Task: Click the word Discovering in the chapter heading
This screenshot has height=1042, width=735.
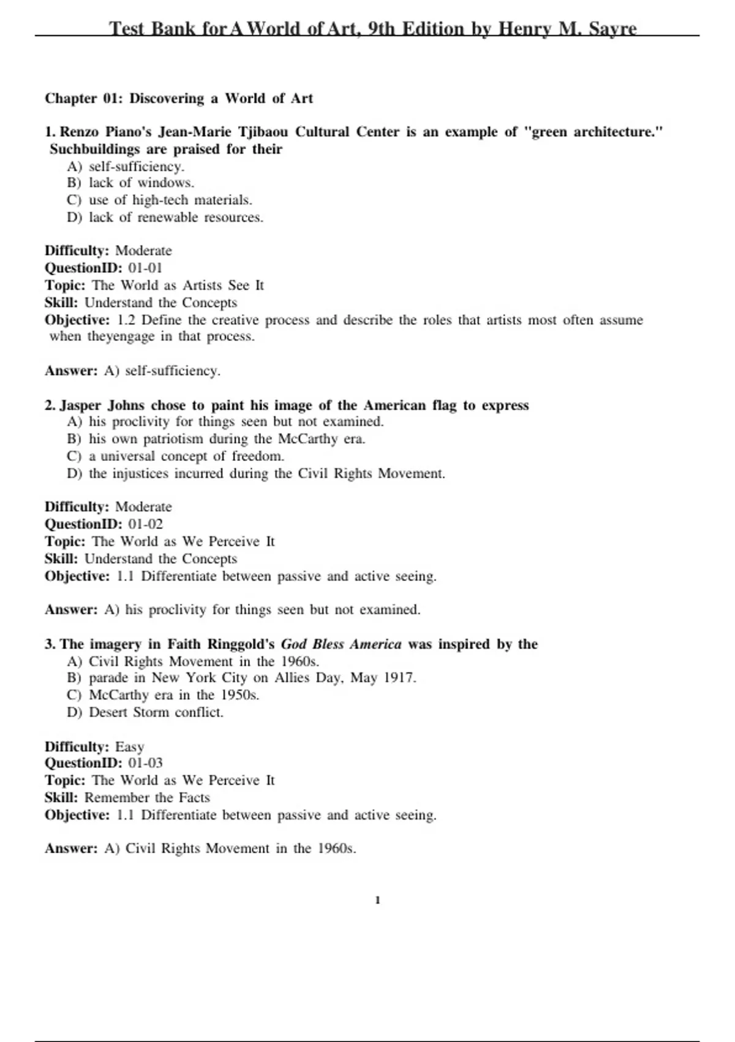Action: pos(167,99)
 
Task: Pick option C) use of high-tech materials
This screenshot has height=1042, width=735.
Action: pos(159,200)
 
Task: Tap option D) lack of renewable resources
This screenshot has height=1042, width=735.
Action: pos(165,217)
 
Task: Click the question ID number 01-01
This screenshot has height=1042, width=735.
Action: pos(145,268)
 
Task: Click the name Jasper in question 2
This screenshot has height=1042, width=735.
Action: pos(81,405)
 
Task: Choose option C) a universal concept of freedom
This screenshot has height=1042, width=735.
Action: pos(175,456)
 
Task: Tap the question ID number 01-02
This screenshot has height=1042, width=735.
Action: pos(145,524)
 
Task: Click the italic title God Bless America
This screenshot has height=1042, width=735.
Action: pos(341,644)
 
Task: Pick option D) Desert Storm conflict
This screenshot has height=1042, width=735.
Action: pos(145,712)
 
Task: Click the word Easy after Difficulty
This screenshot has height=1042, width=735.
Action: pos(130,747)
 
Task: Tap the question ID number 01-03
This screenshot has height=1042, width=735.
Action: pos(145,763)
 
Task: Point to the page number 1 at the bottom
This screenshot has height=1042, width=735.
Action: pos(377,900)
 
